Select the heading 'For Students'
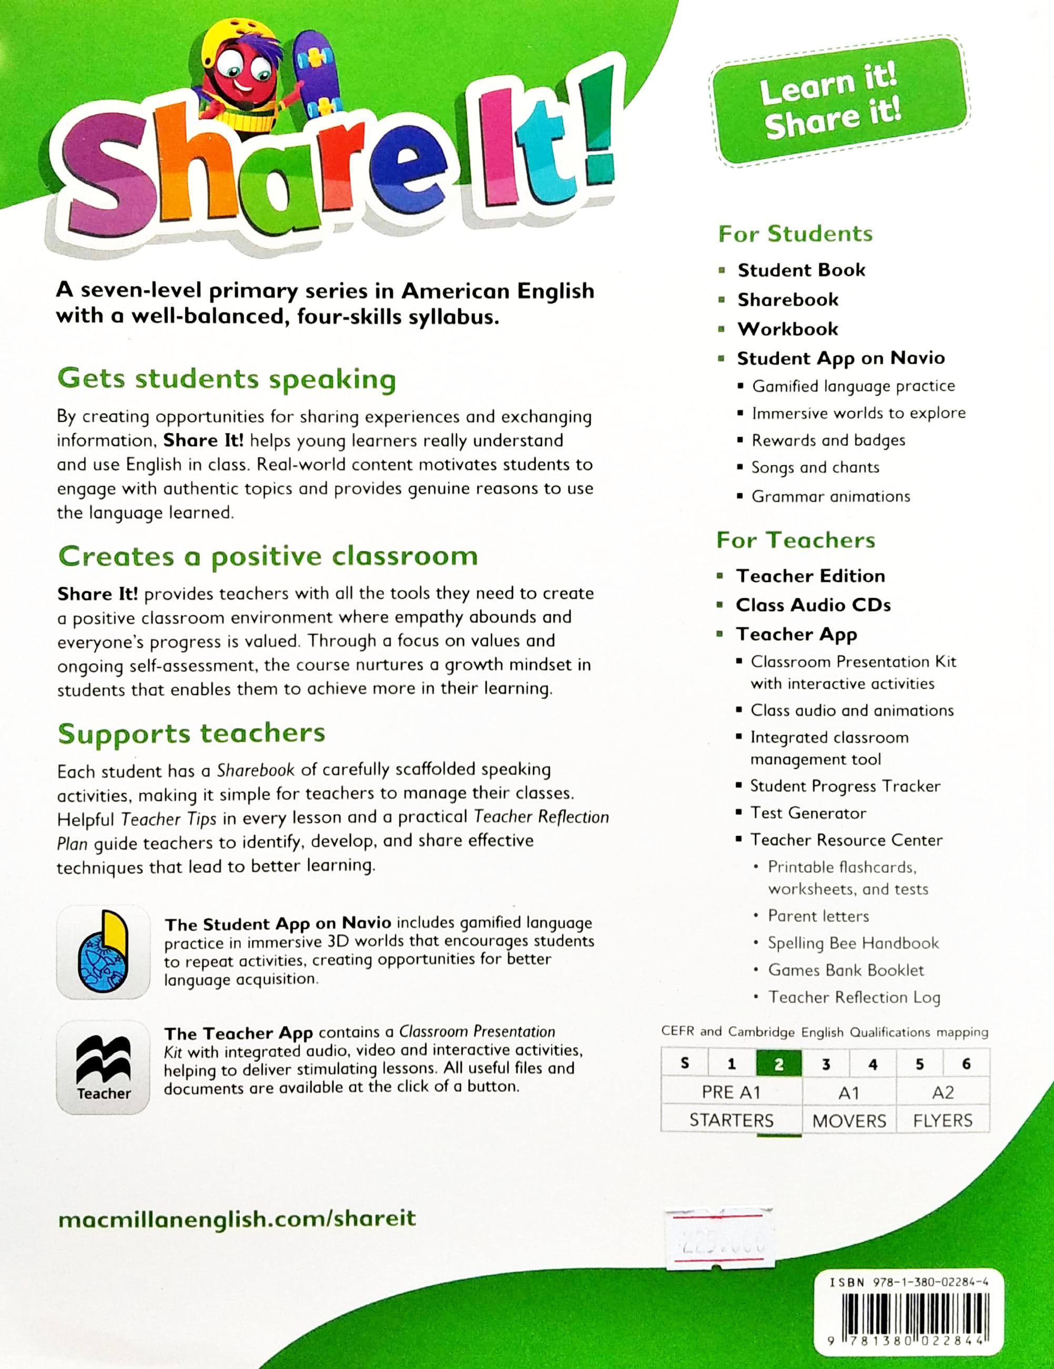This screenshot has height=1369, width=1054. click(795, 234)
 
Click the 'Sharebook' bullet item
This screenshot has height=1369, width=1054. click(787, 300)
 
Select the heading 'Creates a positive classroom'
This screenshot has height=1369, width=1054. click(268, 557)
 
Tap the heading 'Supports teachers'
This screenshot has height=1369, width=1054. click(191, 733)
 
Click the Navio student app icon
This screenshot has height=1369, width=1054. click(104, 952)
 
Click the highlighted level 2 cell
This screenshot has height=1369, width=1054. click(779, 1064)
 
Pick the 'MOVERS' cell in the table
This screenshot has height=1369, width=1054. click(849, 1120)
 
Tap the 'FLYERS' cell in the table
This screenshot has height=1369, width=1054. click(942, 1120)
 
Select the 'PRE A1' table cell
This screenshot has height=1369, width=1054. click(731, 1092)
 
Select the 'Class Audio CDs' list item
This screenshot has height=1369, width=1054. click(813, 605)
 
